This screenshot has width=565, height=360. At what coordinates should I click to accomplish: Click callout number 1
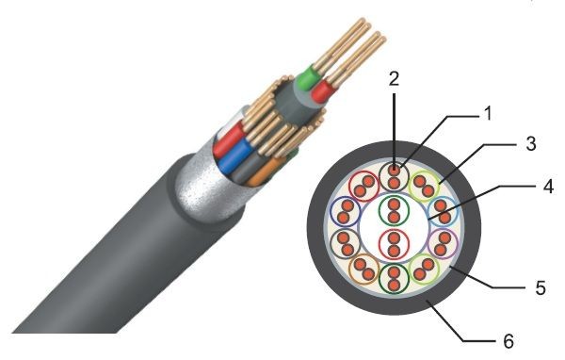[x=487, y=113]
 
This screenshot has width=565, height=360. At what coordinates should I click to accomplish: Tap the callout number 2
[x=395, y=78]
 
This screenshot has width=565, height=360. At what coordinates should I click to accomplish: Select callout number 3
[x=530, y=143]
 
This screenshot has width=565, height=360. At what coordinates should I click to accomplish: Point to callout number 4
[x=548, y=187]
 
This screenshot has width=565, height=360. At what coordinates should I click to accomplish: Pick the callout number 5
[x=541, y=287]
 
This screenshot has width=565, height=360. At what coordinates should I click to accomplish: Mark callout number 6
[x=508, y=341]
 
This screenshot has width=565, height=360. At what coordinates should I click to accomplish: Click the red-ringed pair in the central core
[x=395, y=243]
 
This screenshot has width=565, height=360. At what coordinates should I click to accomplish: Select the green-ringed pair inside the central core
[x=395, y=211]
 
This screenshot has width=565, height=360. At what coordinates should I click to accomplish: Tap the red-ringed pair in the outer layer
[x=364, y=187]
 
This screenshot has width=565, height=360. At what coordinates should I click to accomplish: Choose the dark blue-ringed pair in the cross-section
[x=346, y=211]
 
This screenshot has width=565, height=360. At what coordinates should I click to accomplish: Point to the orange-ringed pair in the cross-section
[x=363, y=270]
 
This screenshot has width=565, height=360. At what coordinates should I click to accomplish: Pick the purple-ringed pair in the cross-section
[x=443, y=244]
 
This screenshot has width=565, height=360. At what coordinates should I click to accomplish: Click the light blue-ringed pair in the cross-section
[x=443, y=212]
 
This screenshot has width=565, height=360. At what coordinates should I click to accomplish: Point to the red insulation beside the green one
[x=322, y=90]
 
